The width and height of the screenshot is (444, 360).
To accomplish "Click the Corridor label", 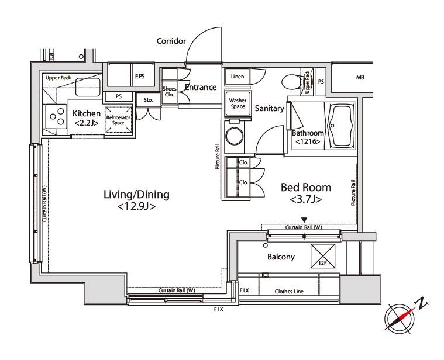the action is (x=171, y=41).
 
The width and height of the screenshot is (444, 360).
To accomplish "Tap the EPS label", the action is (x=140, y=76).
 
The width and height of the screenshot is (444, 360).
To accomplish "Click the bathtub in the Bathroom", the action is (x=340, y=126).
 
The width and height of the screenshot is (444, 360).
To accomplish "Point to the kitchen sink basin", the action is (x=88, y=87).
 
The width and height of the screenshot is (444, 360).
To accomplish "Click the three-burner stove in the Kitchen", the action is (x=55, y=116).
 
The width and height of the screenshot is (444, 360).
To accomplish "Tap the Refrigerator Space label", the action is (x=118, y=120).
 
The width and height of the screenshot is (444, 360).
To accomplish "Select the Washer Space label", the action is (x=238, y=103).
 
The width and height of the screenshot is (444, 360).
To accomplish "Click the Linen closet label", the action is (x=238, y=77).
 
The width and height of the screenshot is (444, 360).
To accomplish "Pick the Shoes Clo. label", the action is (x=169, y=92).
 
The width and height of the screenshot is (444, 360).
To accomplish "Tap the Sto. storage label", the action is (x=148, y=100).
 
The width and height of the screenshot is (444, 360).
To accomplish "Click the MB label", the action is (x=360, y=77).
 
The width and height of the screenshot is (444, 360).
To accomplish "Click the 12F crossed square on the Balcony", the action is (x=323, y=256).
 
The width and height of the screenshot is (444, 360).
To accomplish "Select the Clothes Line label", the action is (x=289, y=291).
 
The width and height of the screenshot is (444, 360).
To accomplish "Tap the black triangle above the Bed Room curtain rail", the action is (x=304, y=220).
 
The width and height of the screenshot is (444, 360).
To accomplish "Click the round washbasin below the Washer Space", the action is (x=235, y=136).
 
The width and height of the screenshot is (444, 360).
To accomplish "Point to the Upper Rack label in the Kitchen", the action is (x=58, y=78).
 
